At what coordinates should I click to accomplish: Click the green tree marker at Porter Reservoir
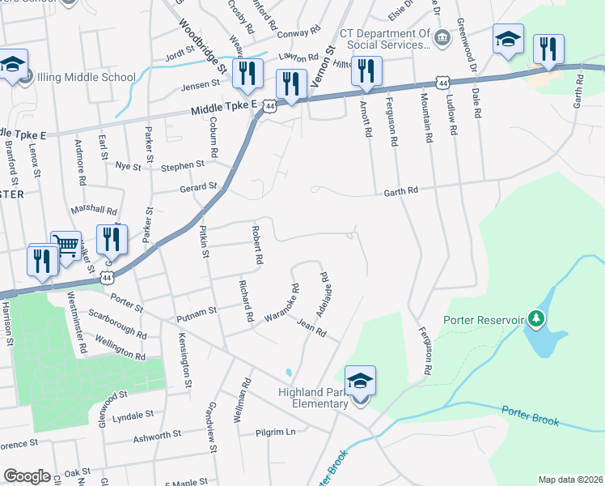pos(535,319)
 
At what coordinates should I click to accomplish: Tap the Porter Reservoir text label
pos(484,319)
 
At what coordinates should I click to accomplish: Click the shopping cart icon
pos(66,244)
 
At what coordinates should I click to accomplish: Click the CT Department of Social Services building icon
pos(442,36)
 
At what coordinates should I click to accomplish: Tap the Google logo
pos(27,476)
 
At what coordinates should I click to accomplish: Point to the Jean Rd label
pos(311,329)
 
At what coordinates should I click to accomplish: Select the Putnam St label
pos(201,309)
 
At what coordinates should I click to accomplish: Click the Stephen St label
pos(182,165)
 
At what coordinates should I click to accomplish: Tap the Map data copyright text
pos(570,480)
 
